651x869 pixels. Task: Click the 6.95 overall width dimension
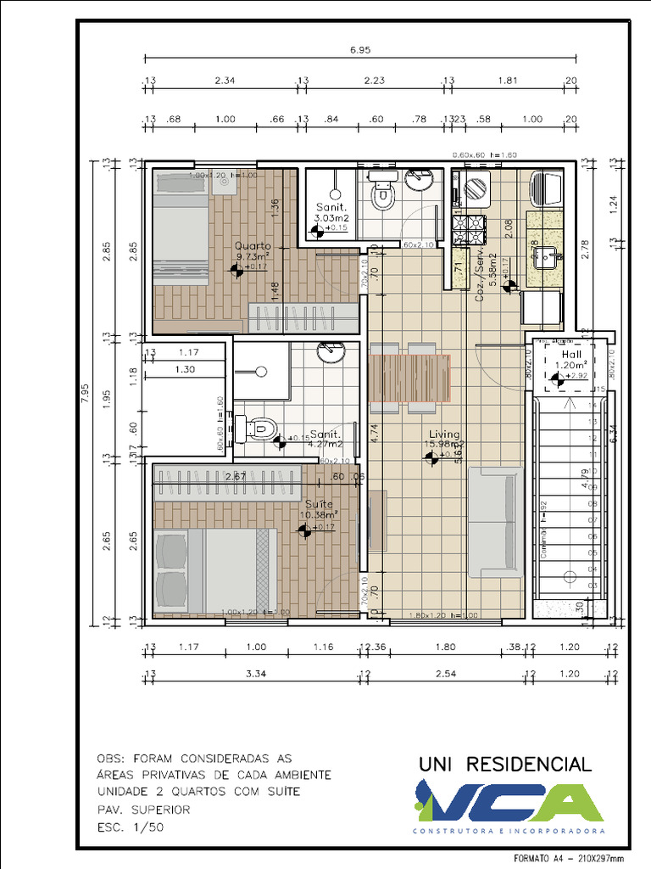[360, 50]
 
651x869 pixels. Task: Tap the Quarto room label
[253, 246]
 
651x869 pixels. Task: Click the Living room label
[443, 433]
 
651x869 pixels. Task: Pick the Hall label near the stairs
[570, 355]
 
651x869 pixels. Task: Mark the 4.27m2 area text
[325, 443]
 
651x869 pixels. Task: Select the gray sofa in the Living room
[495, 522]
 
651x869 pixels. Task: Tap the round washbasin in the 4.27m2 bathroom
[331, 350]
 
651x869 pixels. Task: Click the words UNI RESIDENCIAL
[505, 764]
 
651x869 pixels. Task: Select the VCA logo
[508, 803]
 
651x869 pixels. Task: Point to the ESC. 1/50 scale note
[128, 827]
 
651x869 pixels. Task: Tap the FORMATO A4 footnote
[571, 857]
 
